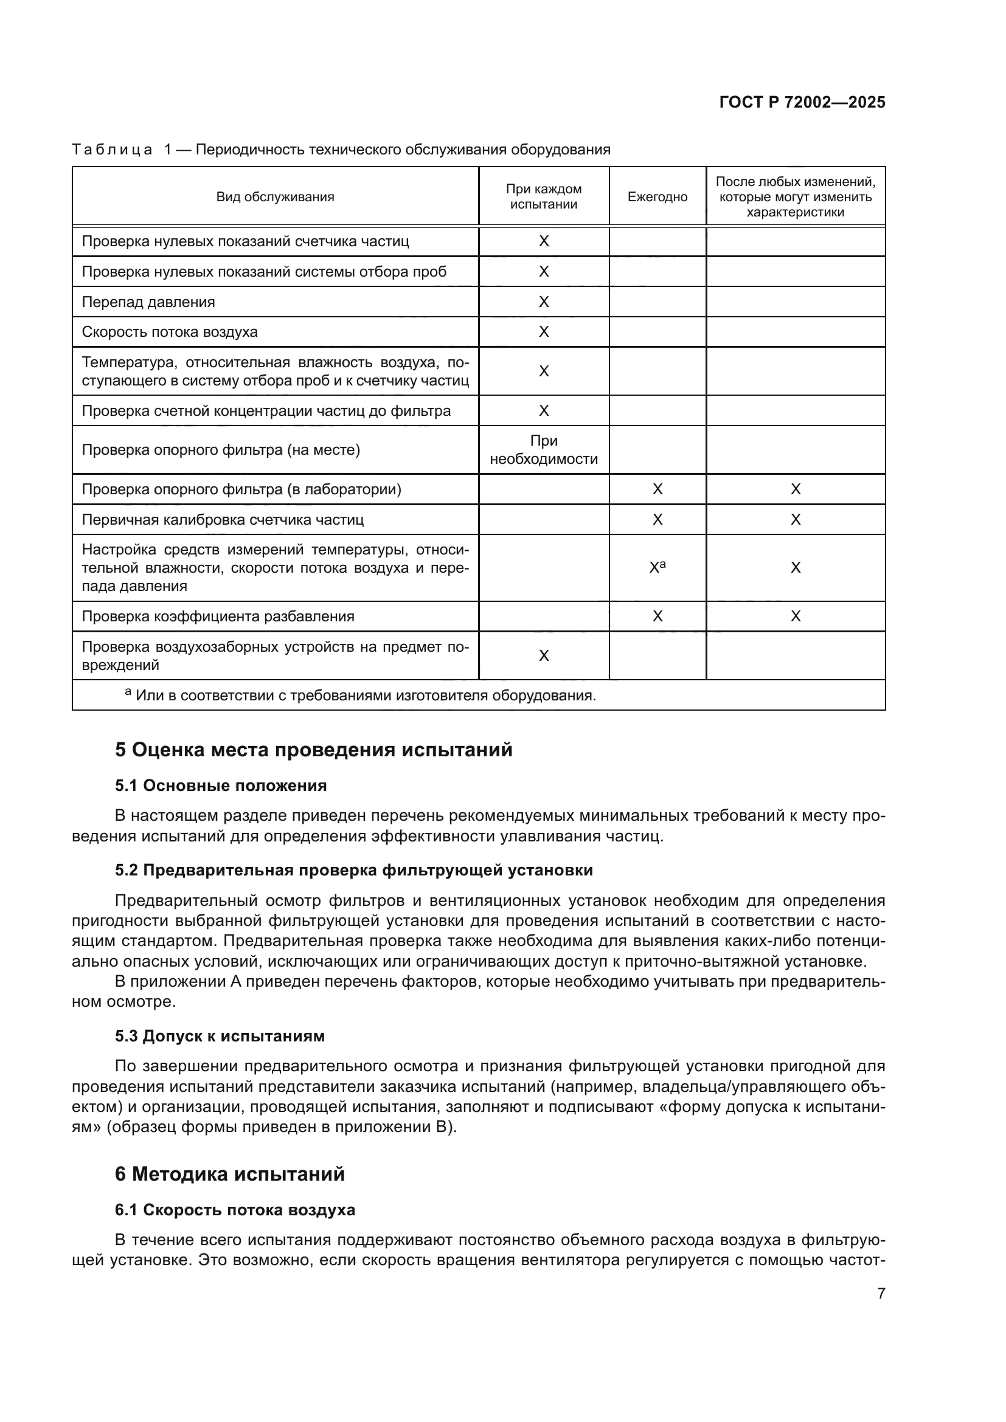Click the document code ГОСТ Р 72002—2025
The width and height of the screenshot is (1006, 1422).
[x=802, y=102]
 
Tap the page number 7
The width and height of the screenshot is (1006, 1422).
[x=881, y=1293]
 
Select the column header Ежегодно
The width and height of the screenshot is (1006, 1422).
[x=657, y=197]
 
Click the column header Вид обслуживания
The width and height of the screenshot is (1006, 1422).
[x=275, y=197]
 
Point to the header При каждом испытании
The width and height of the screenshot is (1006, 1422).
[x=543, y=197]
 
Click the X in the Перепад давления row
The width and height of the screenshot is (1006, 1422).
[x=543, y=302]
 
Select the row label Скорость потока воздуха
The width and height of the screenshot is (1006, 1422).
[x=170, y=332]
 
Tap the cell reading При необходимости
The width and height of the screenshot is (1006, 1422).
[x=543, y=450]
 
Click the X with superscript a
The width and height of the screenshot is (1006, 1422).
[x=657, y=567]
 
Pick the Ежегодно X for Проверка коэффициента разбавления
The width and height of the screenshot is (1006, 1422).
[x=657, y=616]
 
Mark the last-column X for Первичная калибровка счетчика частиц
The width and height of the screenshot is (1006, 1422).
[x=796, y=520]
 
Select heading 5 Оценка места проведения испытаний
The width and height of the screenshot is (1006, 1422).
[x=313, y=750]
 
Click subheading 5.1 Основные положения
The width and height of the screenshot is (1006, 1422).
[x=221, y=786]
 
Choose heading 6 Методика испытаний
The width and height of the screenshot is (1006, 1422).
[x=229, y=1175]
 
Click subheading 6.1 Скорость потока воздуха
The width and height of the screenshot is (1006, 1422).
[x=235, y=1210]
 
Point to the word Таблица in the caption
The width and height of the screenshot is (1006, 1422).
[x=112, y=150]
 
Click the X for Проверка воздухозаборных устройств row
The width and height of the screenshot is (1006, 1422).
[x=543, y=656]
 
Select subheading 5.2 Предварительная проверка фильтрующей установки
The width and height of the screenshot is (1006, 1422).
[x=354, y=870]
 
